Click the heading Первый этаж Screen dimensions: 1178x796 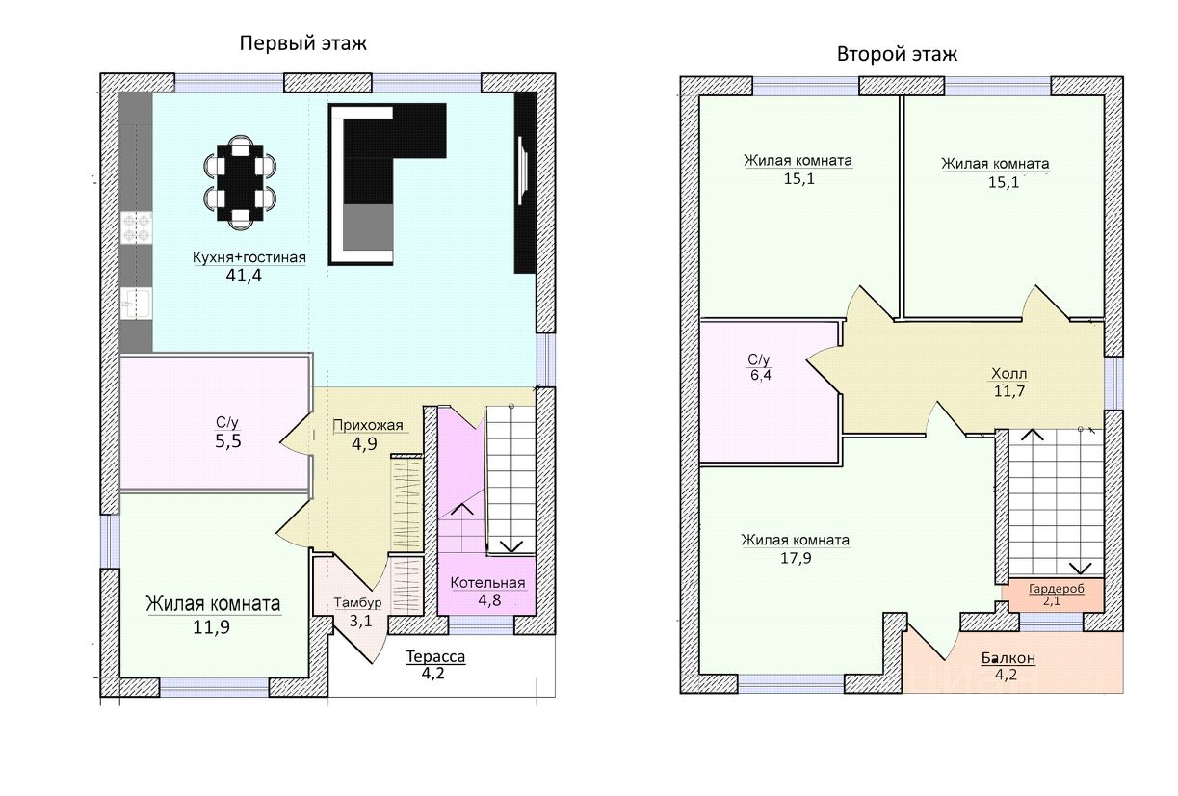(303, 43)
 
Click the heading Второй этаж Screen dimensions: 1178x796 (897, 54)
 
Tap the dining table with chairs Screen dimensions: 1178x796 (240, 182)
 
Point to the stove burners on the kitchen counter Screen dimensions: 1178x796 (136, 228)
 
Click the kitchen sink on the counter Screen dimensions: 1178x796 (135, 304)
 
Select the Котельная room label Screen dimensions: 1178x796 (487, 583)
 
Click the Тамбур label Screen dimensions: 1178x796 (358, 603)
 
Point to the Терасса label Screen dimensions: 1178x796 (435, 657)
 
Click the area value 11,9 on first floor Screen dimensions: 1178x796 (212, 627)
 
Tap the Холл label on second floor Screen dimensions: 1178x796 (1009, 374)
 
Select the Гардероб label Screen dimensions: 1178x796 (1051, 589)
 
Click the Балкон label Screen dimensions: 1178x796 (1008, 658)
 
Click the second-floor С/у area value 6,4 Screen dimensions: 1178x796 (760, 376)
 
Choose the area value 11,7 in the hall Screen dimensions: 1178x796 (1009, 392)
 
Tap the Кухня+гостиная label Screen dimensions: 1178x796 (249, 257)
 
